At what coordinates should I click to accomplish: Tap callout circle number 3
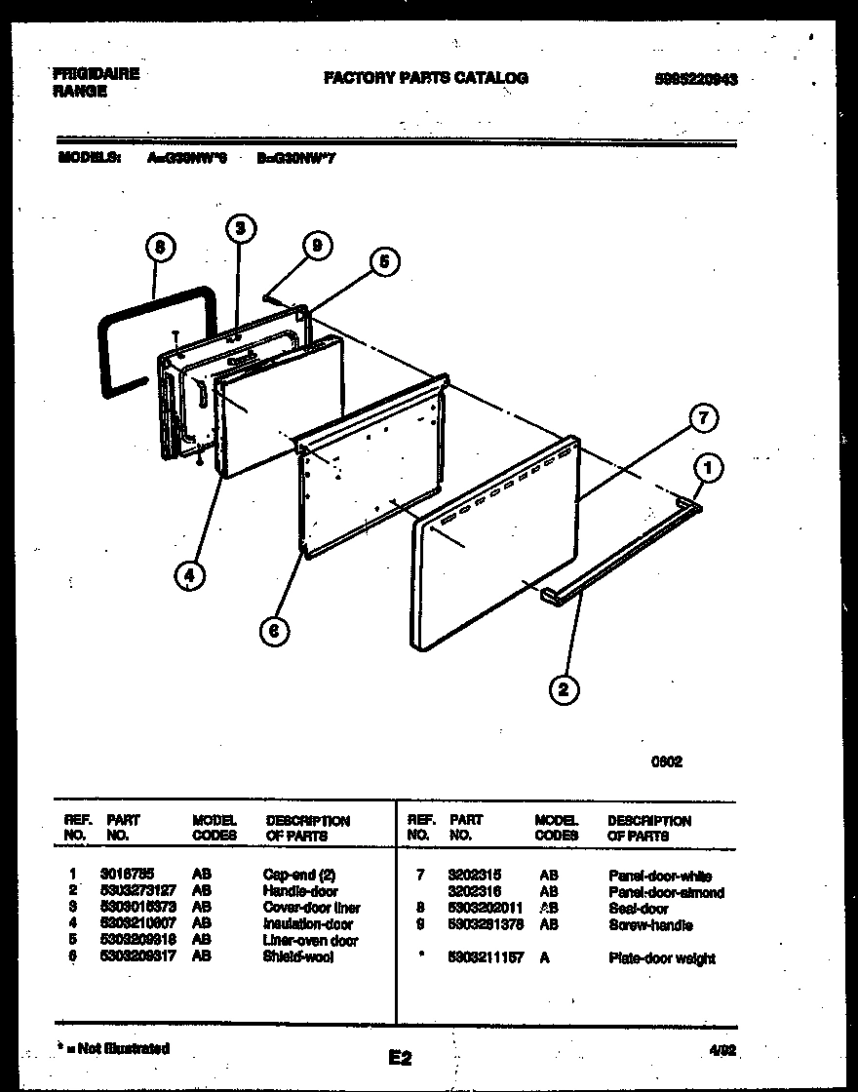coord(240,229)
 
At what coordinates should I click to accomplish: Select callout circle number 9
coord(313,249)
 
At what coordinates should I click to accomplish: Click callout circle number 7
coord(702,419)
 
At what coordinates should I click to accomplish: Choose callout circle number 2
coord(562,690)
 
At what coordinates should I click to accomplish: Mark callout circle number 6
coord(275,631)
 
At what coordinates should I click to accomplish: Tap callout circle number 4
coord(191,575)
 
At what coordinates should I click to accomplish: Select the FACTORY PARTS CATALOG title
coord(426,78)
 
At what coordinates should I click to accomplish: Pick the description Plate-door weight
coord(661,958)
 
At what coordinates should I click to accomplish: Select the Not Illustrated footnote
coord(114,1048)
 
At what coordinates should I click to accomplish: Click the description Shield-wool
coord(297,957)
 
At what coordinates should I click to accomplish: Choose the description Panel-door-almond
coord(666,892)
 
